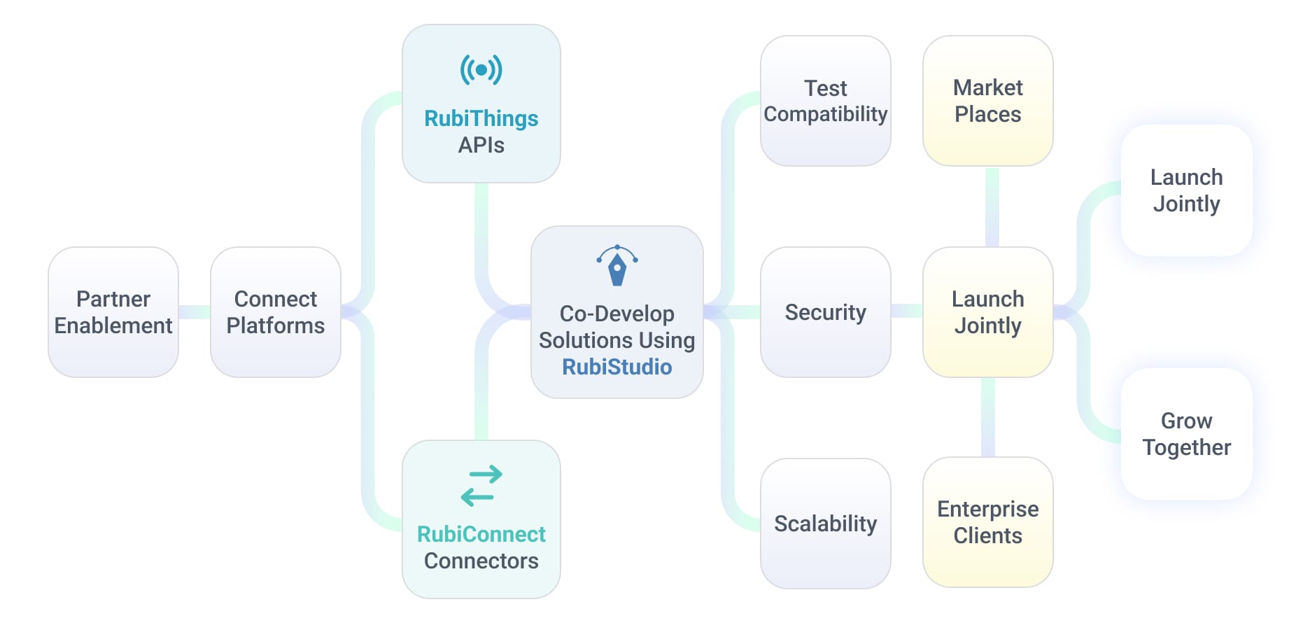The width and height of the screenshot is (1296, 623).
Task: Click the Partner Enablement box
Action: point(113,312)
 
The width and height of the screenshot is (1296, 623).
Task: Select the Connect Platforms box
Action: point(276,312)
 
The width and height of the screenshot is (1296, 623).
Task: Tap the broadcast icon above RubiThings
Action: point(481,70)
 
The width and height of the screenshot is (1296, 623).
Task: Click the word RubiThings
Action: point(481,118)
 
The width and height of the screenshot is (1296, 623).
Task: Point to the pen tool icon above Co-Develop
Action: point(617,265)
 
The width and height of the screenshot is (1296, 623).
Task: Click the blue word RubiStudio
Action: point(617,367)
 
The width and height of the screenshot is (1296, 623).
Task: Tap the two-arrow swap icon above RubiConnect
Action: point(481,486)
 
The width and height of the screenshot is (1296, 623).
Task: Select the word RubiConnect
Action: point(481,534)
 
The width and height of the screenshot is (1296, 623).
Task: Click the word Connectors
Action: point(481,561)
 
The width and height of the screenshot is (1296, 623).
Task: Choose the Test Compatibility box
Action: point(826,101)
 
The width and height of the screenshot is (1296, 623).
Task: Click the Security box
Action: point(826,312)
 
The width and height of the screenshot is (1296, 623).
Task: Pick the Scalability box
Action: point(826,524)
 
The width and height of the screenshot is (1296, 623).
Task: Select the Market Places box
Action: point(988,101)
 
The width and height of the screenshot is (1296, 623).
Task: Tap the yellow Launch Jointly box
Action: point(988,312)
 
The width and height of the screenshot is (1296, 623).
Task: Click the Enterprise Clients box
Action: point(988,522)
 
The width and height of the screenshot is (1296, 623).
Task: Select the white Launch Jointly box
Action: point(1187,190)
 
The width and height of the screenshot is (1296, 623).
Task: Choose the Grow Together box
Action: point(1187,434)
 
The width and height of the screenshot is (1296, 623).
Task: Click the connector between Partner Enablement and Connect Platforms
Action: point(195,312)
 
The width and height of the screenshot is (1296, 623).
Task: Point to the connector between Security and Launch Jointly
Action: point(907,311)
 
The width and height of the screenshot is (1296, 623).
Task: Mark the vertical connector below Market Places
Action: point(992,206)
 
